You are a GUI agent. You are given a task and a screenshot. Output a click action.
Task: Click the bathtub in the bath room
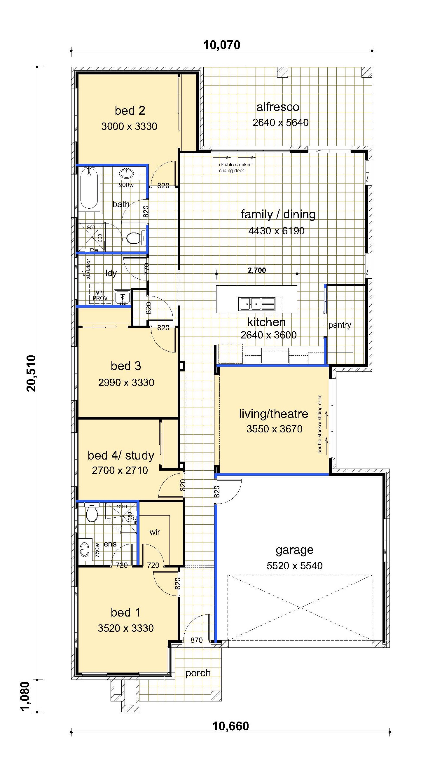click(89, 189)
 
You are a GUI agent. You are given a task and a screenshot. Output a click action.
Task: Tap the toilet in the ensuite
click(91, 513)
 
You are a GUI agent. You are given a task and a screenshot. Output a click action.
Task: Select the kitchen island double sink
click(250, 304)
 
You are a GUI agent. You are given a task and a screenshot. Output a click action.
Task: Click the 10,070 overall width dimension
click(222, 45)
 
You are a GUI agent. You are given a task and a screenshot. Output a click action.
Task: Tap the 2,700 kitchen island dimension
click(257, 270)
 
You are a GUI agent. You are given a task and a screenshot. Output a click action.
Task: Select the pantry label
click(340, 325)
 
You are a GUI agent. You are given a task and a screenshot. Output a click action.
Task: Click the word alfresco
click(278, 107)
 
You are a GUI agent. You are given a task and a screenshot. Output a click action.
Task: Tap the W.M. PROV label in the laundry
click(100, 296)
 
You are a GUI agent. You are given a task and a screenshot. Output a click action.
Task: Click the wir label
click(155, 532)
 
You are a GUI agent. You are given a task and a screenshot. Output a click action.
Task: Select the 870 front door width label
click(196, 640)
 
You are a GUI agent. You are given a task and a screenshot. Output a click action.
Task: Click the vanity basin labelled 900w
click(126, 174)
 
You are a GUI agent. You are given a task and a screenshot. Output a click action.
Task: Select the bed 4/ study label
click(121, 455)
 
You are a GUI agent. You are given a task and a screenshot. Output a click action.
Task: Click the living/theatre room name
click(274, 414)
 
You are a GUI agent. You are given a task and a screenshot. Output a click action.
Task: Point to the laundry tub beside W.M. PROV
click(123, 297)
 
